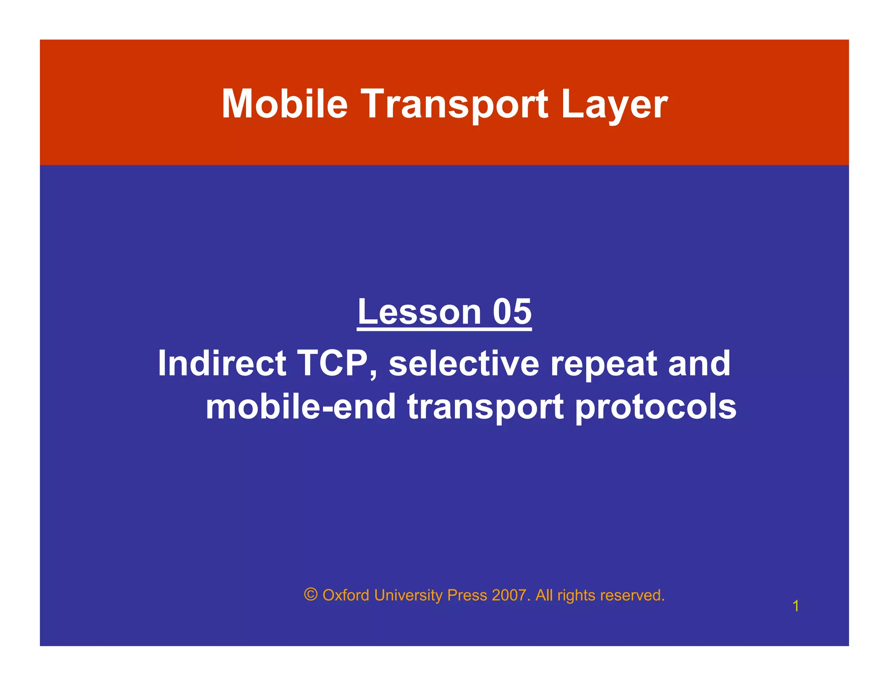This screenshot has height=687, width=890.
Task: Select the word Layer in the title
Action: pyautogui.click(x=614, y=104)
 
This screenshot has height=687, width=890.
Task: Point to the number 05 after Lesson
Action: pyautogui.click(x=512, y=311)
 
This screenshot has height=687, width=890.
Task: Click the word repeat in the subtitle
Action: pyautogui.click(x=603, y=364)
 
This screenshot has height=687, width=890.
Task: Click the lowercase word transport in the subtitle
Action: pyautogui.click(x=485, y=407)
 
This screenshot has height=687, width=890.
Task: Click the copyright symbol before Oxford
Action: pyautogui.click(x=311, y=595)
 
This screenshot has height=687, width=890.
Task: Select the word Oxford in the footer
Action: pyautogui.click(x=345, y=595)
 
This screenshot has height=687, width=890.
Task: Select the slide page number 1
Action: pyautogui.click(x=795, y=606)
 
